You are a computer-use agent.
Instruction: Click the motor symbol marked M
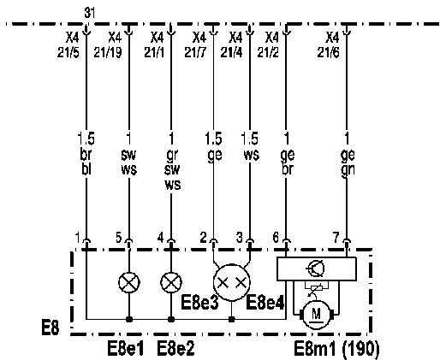tap(316, 315)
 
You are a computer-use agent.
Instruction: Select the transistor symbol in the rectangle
tap(315, 269)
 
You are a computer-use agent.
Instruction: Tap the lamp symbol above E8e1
tap(129, 282)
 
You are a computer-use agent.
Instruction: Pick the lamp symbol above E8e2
tap(171, 282)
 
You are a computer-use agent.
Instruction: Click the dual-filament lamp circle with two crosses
tap(232, 282)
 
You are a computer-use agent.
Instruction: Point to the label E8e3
tap(199, 303)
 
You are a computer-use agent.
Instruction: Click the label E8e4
tap(265, 303)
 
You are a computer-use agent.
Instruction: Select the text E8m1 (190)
tap(336, 349)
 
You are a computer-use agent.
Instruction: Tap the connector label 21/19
tap(108, 52)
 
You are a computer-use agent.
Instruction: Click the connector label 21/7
tap(195, 52)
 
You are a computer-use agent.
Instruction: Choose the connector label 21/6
tap(329, 52)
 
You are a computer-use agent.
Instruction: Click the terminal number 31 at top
tap(90, 13)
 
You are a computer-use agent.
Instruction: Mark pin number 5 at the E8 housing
tap(119, 238)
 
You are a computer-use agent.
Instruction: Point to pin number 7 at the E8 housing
tap(336, 238)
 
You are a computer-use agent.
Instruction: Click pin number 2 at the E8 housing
tap(203, 238)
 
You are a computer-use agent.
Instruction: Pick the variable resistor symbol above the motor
tap(317, 287)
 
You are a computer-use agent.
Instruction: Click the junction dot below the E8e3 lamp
tap(232, 319)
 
